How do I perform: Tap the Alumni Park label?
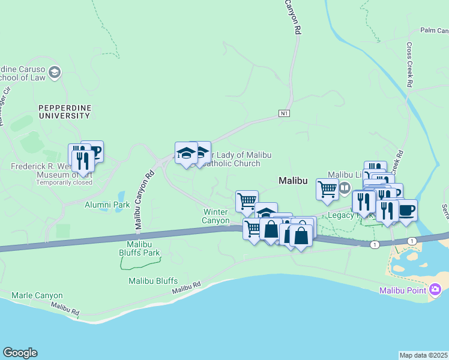[x=105, y=205]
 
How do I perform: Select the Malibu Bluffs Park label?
[x=143, y=248]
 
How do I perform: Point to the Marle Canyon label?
[x=37, y=295]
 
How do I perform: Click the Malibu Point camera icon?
[x=436, y=290]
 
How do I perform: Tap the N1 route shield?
[x=285, y=113]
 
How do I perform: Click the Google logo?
[x=20, y=353]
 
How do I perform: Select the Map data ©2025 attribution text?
[x=424, y=355]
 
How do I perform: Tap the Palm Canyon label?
[x=434, y=30]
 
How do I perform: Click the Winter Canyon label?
[x=216, y=217]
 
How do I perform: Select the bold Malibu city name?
[x=293, y=181]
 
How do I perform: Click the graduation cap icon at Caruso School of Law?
[x=55, y=73]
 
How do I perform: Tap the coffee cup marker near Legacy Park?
[x=406, y=211]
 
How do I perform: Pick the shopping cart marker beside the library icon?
[x=327, y=189]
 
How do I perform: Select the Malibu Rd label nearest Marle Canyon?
[x=65, y=310]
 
